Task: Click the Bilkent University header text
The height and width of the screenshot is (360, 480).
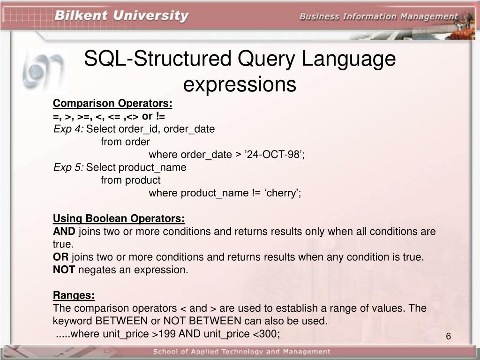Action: coord(121,16)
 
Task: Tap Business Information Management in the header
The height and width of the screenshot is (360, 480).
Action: coord(379,17)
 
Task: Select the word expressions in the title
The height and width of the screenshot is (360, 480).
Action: coord(240,85)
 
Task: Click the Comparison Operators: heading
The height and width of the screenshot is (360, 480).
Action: coord(112,103)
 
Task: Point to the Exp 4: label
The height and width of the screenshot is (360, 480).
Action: coord(68,129)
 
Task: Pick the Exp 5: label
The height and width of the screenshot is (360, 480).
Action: coord(68,167)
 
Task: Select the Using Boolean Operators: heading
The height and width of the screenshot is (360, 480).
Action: coord(119,218)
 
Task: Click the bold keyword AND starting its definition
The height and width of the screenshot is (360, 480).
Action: coord(64,232)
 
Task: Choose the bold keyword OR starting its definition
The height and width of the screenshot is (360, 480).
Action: coord(60,257)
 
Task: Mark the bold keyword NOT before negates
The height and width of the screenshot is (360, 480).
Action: coord(64,270)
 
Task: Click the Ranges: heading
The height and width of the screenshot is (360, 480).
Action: coord(74,295)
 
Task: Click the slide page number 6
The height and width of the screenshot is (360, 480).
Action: coord(448,337)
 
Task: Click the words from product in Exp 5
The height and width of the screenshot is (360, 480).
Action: coord(130,180)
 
